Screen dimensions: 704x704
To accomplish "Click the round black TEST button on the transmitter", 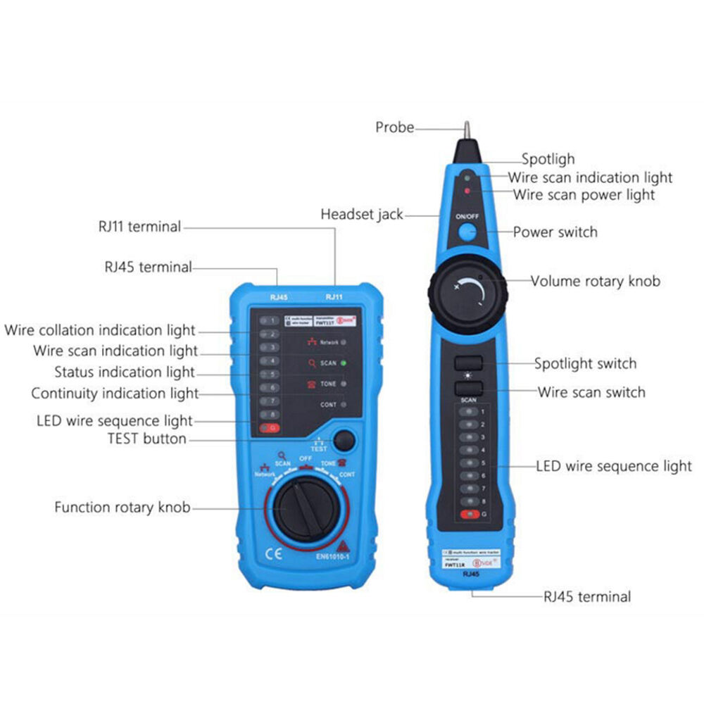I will (x=343, y=441).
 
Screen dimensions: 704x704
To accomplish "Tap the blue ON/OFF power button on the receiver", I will (x=467, y=232).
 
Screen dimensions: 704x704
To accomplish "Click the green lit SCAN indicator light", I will (x=344, y=363).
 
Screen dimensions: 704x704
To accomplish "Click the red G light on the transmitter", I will (x=268, y=428).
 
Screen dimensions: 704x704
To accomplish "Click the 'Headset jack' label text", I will (x=362, y=214).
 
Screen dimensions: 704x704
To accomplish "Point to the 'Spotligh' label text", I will (x=548, y=159).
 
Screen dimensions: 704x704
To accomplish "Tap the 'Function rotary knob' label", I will (x=122, y=507).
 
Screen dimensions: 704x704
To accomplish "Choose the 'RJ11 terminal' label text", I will (x=139, y=227).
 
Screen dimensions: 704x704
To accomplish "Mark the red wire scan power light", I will (x=466, y=190).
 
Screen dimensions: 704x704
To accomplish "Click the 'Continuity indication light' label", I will (x=115, y=394).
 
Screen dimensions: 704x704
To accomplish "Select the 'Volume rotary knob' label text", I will (x=595, y=281).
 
